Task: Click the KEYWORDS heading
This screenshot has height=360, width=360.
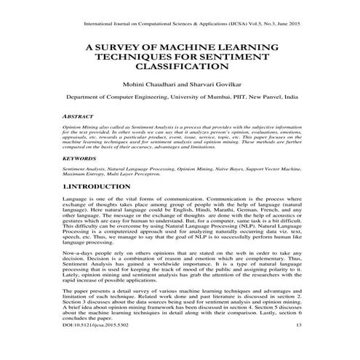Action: (x=79, y=158)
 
